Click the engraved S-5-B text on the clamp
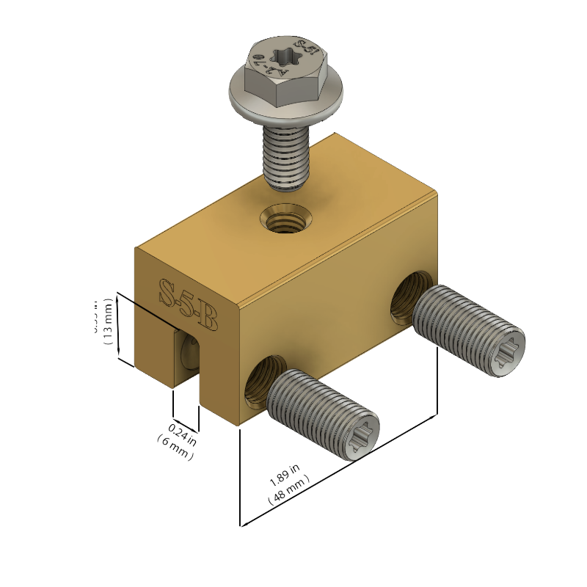point(189,304)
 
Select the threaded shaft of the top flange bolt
point(287,156)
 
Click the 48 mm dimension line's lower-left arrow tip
point(241,525)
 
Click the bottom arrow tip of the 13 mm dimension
point(134,365)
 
